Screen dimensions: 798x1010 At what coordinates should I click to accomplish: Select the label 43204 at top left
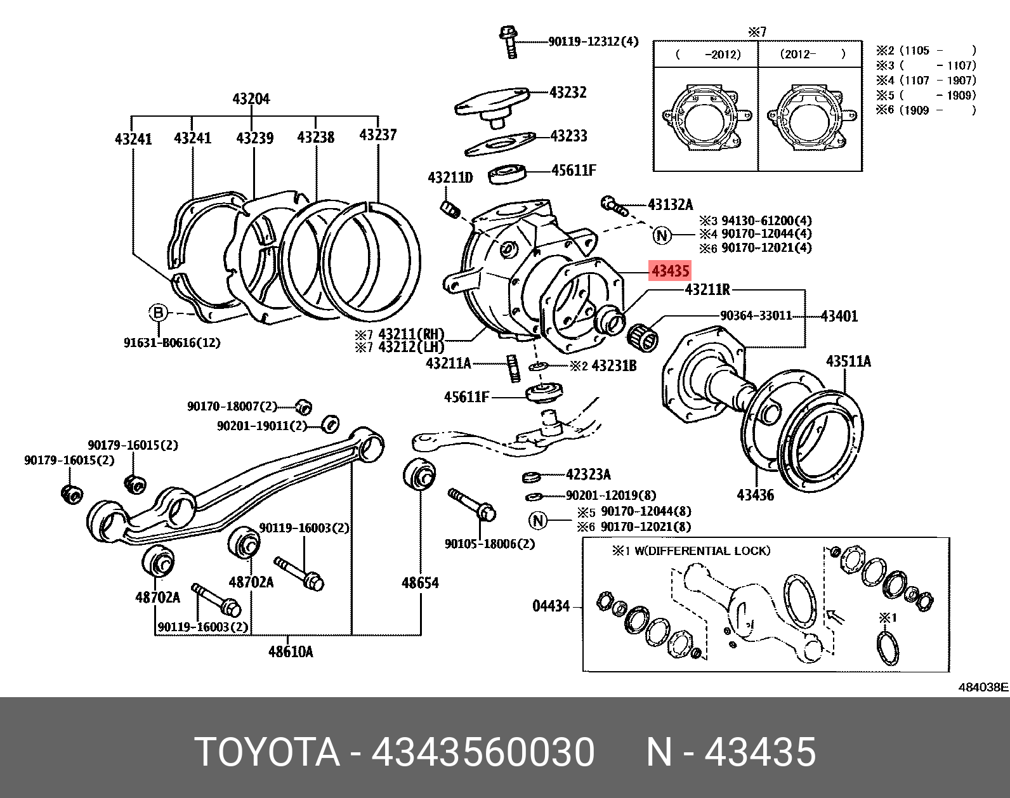click(251, 99)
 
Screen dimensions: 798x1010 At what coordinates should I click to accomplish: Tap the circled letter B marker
click(158, 313)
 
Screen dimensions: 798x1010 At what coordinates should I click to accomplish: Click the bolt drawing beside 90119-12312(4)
click(508, 41)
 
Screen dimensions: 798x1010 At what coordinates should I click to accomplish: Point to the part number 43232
click(568, 92)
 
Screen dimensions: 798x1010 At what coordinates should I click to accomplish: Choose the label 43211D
click(450, 178)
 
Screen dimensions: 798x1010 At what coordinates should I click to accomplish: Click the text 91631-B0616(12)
click(172, 343)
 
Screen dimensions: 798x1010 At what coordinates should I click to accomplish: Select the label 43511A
click(848, 362)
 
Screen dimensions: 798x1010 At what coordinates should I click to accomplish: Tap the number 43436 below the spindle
click(755, 495)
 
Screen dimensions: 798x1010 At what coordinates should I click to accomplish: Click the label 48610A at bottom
click(291, 651)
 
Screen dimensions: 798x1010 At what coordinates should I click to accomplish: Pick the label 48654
click(420, 582)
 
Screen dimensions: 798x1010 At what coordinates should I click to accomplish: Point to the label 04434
click(551, 606)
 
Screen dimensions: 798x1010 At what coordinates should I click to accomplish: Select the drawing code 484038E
click(983, 687)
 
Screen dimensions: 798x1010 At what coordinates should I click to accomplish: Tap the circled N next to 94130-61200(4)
click(662, 236)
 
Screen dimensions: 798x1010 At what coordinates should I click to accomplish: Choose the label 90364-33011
click(756, 315)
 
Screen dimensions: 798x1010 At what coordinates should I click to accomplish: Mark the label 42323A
click(588, 474)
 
